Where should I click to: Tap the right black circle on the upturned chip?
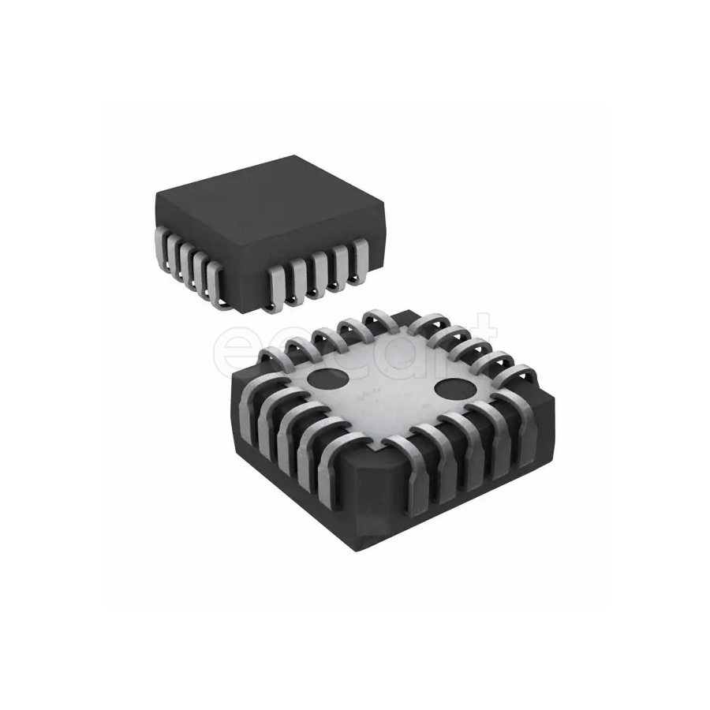point(454,387)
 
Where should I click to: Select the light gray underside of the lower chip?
point(387,394)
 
